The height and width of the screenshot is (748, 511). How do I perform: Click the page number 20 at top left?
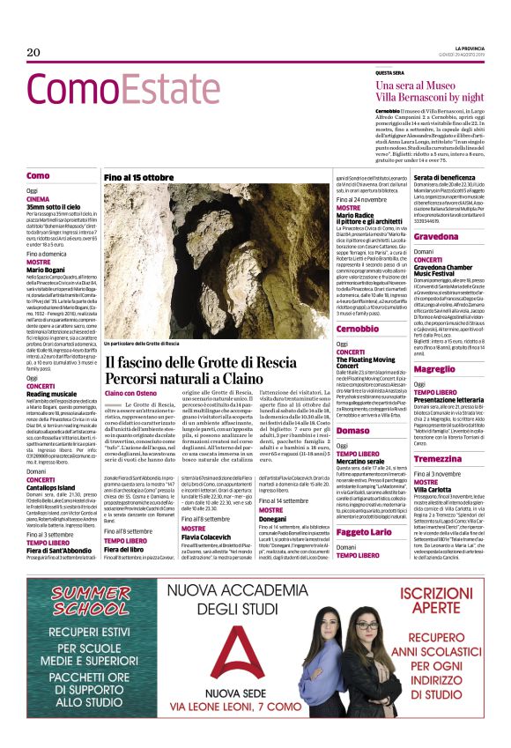point(33,52)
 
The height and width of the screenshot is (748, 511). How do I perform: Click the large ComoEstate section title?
point(122,90)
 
